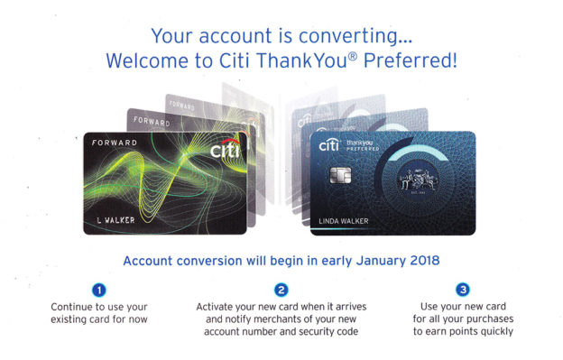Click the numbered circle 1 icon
tap(101, 291)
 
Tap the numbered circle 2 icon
tap(281, 291)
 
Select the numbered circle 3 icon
tap(463, 291)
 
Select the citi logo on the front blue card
tap(329, 143)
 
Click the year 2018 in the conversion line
tap(422, 262)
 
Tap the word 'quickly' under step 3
tap(491, 331)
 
